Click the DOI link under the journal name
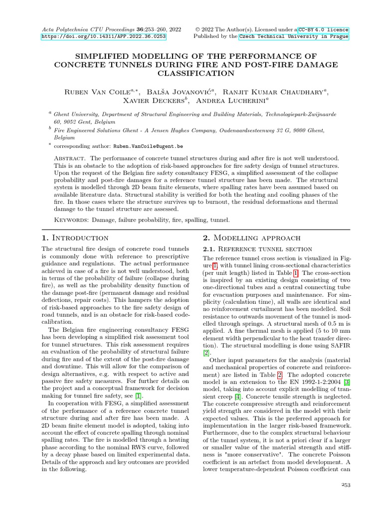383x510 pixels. [x=104, y=37]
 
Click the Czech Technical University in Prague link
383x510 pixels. [x=294, y=37]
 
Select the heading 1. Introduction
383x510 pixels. [x=75, y=238]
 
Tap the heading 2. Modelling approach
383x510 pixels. [x=251, y=238]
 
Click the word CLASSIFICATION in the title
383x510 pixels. [x=196, y=74]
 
